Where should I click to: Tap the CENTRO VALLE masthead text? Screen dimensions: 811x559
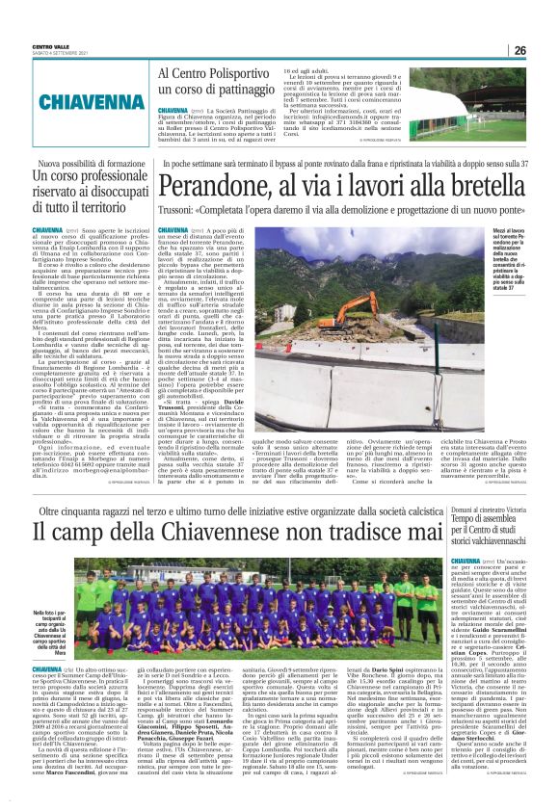pos(50,46)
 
